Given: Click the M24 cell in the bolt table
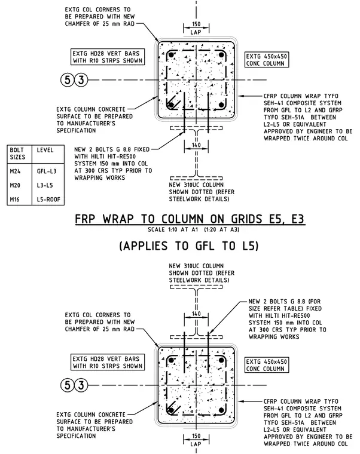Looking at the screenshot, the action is pyautogui.click(x=15, y=171).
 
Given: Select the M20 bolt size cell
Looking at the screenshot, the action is pyautogui.click(x=15, y=185).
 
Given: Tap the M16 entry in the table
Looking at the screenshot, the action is pyautogui.click(x=14, y=200).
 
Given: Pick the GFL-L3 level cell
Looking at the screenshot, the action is pyautogui.click(x=47, y=171).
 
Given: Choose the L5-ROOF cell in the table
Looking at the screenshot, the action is pyautogui.click(x=48, y=200).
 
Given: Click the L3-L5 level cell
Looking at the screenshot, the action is pyautogui.click(x=45, y=185).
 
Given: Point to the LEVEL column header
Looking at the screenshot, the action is pyautogui.click(x=45, y=150).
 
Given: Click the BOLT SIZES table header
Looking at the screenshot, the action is pyautogui.click(x=17, y=154).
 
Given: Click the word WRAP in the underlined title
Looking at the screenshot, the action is pyautogui.click(x=118, y=219).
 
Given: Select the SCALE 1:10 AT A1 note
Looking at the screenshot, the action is pyautogui.click(x=173, y=229).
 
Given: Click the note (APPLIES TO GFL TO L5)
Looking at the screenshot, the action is pyautogui.click(x=189, y=246).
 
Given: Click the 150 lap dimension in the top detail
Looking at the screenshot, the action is pyautogui.click(x=196, y=24).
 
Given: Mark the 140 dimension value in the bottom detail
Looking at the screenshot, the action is pyautogui.click(x=196, y=314).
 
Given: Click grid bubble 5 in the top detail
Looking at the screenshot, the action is pyautogui.click(x=67, y=79).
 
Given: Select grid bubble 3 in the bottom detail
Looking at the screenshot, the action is pyautogui.click(x=81, y=385).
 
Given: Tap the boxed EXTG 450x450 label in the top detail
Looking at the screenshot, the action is pyautogui.click(x=267, y=60).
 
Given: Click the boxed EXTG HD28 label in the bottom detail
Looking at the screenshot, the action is pyautogui.click(x=108, y=362).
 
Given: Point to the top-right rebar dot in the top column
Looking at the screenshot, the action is pyautogui.click(x=221, y=55).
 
